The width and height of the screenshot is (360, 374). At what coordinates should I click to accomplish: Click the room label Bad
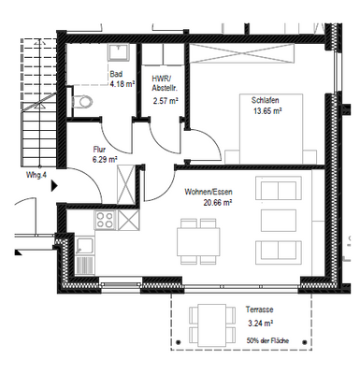(116, 74)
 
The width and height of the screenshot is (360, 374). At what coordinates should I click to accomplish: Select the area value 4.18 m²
(123, 83)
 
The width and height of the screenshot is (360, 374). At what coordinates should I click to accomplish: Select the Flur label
(99, 150)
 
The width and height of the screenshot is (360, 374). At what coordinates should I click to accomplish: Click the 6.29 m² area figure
(105, 160)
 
